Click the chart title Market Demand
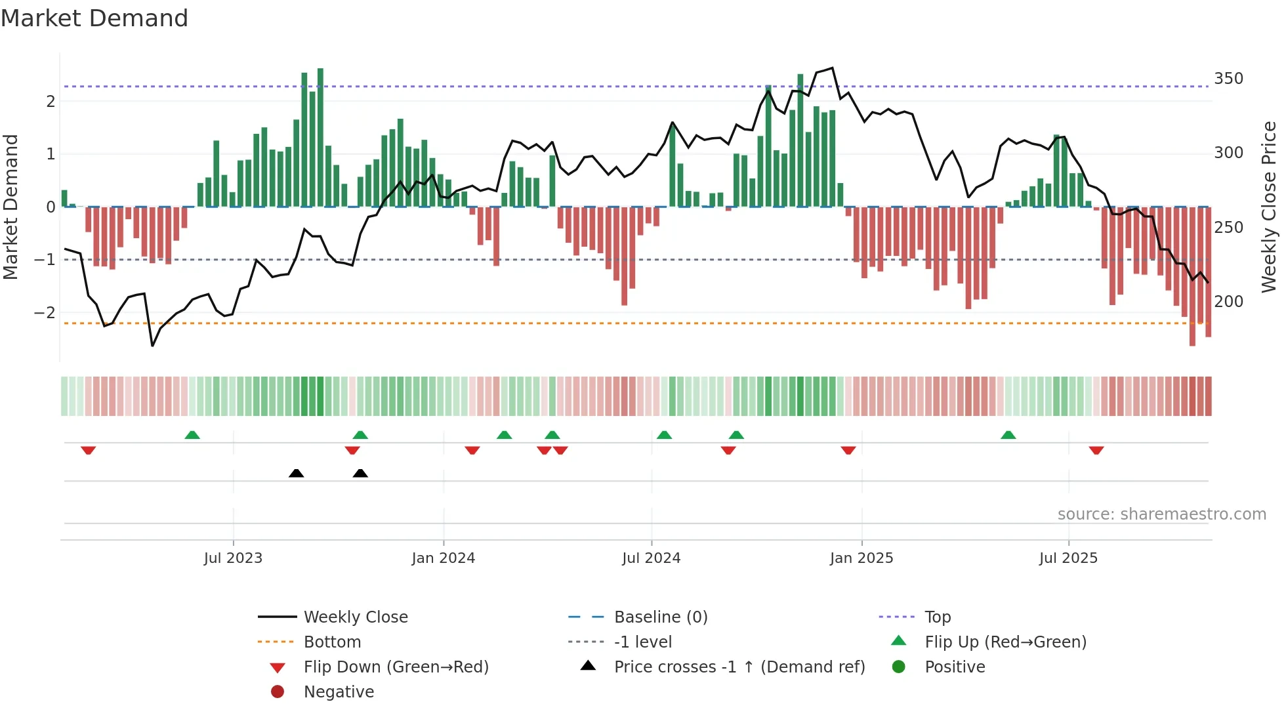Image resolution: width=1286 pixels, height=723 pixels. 94,18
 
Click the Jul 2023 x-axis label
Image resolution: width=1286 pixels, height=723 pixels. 233,558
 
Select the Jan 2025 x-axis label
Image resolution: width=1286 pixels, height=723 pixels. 861,558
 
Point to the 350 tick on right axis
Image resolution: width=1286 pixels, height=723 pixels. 1228,79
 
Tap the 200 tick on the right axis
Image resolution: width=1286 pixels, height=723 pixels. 1228,302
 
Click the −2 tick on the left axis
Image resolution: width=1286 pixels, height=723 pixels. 45,313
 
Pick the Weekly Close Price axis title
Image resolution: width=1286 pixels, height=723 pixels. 1269,207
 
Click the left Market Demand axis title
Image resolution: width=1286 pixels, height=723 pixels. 10,207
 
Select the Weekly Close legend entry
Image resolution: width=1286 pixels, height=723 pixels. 355,617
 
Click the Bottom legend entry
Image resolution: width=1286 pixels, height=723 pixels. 332,642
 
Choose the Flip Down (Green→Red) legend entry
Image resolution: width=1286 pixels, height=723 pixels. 396,667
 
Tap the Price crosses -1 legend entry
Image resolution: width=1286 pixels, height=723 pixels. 739,667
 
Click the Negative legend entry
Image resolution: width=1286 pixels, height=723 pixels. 339,692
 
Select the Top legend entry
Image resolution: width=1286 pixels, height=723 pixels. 937,617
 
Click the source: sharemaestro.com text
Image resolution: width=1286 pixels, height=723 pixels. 1161,514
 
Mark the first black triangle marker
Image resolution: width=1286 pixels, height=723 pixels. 296,473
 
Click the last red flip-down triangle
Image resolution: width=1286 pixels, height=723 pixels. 1096,450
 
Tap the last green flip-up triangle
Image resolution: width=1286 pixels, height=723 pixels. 1008,435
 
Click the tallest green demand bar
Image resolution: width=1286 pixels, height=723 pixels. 320,138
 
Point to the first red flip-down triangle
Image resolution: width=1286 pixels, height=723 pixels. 89,450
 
